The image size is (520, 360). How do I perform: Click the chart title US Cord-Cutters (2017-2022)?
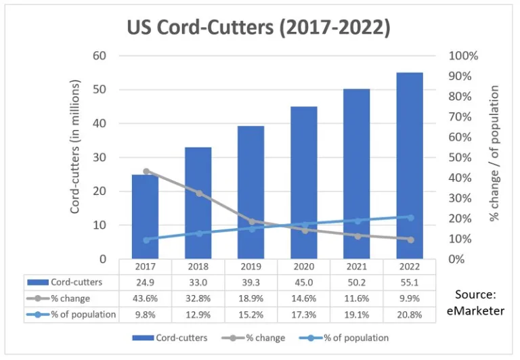[x=259, y=28]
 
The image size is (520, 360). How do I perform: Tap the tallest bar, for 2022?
[x=410, y=166]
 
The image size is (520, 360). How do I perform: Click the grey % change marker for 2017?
[x=146, y=171]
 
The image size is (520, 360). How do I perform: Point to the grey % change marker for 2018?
[x=198, y=193]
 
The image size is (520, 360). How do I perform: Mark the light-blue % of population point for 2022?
[x=410, y=217]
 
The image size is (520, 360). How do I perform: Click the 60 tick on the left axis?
[x=100, y=55]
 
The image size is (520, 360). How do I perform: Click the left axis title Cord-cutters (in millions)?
[x=75, y=147]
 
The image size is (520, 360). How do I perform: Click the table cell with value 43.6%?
[x=146, y=298]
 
